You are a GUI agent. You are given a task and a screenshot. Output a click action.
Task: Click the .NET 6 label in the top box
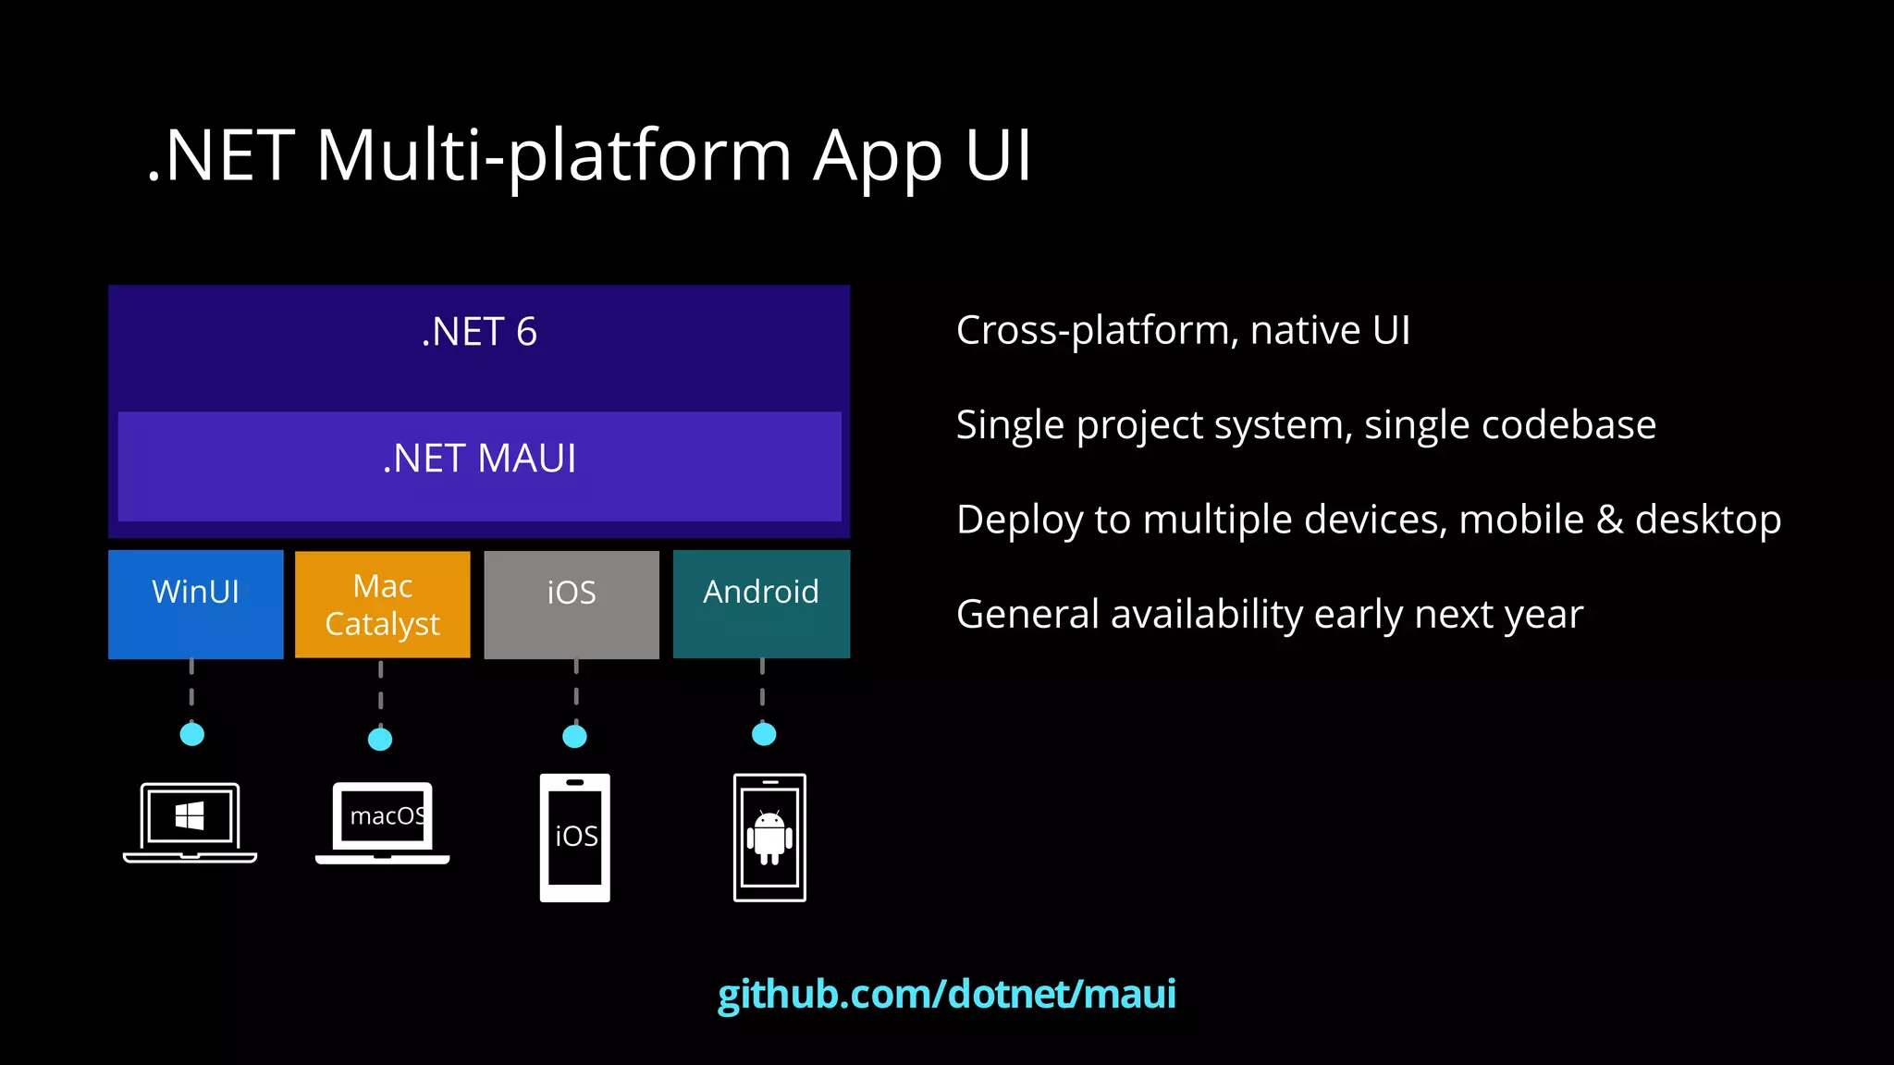(479, 332)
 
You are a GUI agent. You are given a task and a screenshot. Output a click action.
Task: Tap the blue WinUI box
(195, 604)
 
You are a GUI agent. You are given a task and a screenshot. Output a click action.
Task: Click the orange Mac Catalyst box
(382, 605)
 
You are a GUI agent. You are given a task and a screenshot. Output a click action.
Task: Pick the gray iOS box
(572, 605)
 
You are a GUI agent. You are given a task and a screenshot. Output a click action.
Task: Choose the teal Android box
(761, 604)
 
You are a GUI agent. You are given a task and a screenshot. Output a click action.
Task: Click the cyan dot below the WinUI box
(191, 734)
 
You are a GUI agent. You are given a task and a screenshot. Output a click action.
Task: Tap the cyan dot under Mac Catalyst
(380, 739)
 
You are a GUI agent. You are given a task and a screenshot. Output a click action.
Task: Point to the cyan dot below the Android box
(764, 734)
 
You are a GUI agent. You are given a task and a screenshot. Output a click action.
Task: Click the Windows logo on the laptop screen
(190, 815)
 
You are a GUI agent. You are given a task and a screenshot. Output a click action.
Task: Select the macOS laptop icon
(383, 823)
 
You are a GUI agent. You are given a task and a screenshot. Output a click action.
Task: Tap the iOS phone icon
(574, 838)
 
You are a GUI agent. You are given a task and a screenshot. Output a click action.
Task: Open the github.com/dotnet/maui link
(946, 994)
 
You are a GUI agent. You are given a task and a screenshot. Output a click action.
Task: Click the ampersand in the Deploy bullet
(1609, 520)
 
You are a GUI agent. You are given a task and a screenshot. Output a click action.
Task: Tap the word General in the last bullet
(1027, 615)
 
